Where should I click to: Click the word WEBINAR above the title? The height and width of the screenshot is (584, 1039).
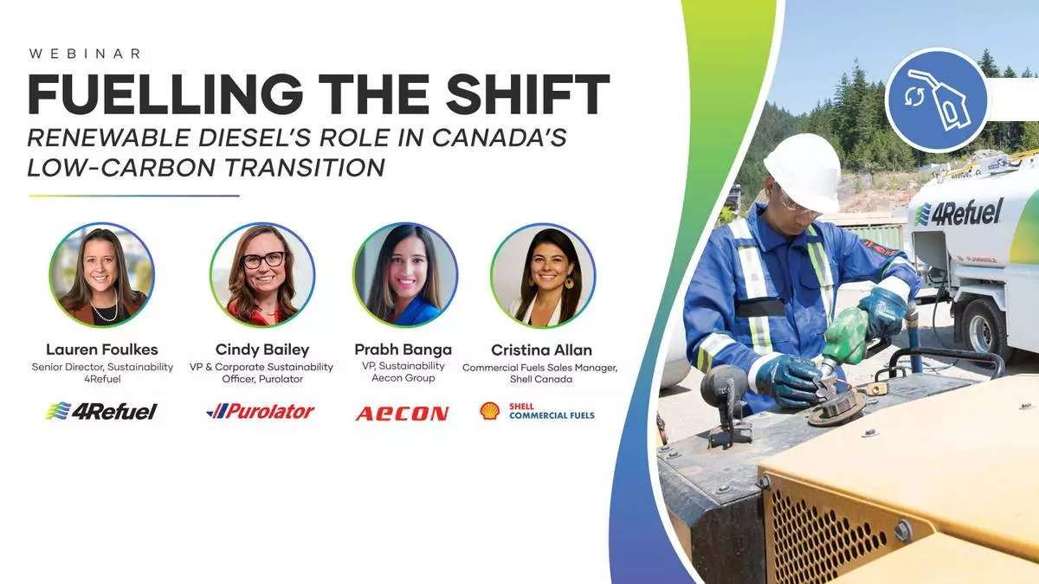coord(85,54)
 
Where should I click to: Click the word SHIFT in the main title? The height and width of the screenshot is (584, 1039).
coord(527,94)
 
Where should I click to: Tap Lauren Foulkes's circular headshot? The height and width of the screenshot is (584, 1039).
coord(102,275)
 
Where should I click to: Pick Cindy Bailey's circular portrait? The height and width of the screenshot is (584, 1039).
coord(262,275)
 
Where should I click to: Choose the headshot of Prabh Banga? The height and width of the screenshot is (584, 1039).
coord(405,275)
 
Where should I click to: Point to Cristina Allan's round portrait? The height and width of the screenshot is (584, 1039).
coord(543,275)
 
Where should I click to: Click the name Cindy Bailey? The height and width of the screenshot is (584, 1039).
coord(262,350)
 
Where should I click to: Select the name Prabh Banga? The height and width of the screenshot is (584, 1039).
coord(403,350)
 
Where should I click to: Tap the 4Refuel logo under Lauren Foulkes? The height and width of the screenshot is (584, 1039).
coord(101,411)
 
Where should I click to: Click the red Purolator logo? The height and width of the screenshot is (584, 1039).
coord(261,411)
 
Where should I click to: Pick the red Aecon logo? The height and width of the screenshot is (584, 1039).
coord(402,414)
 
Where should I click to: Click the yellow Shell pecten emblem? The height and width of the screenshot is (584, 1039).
coord(490,411)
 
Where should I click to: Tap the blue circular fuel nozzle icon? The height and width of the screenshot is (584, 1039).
coord(937,100)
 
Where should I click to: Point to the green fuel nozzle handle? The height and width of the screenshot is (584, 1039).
coord(847,336)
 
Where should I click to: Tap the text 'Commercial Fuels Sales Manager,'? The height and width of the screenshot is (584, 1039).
coord(540,368)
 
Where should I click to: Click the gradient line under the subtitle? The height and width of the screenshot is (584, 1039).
coord(133,196)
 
